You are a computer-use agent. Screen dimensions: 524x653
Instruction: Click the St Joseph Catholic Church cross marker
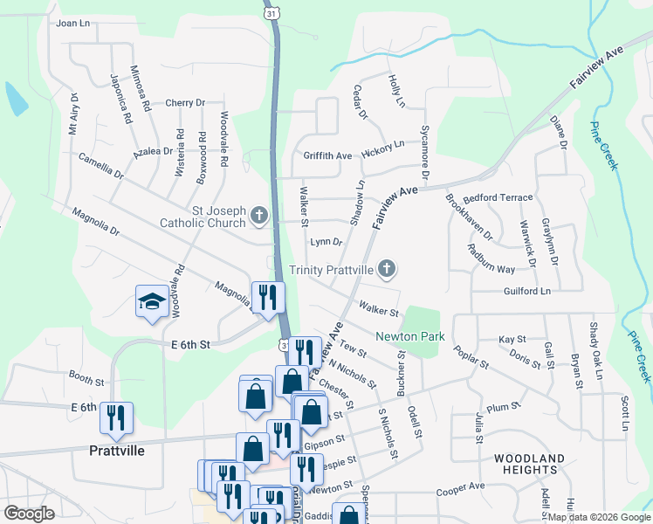(258, 215)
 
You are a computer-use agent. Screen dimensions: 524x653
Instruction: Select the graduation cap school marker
(152, 302)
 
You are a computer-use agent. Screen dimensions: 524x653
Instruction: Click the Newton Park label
(410, 336)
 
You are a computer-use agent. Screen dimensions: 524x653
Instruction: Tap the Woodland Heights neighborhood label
(529, 464)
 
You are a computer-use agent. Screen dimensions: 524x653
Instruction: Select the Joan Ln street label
(73, 24)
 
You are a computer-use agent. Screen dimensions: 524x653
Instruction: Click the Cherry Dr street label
(184, 103)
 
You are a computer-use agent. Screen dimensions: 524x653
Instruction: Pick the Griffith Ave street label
(327, 156)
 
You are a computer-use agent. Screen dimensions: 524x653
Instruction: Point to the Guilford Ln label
(527, 291)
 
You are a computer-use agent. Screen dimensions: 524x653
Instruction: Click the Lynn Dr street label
(326, 242)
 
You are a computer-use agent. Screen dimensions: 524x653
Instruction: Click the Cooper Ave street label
(460, 486)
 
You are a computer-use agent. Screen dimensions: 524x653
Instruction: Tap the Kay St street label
(512, 339)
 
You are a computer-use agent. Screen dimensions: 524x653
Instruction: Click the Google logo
(29, 514)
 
